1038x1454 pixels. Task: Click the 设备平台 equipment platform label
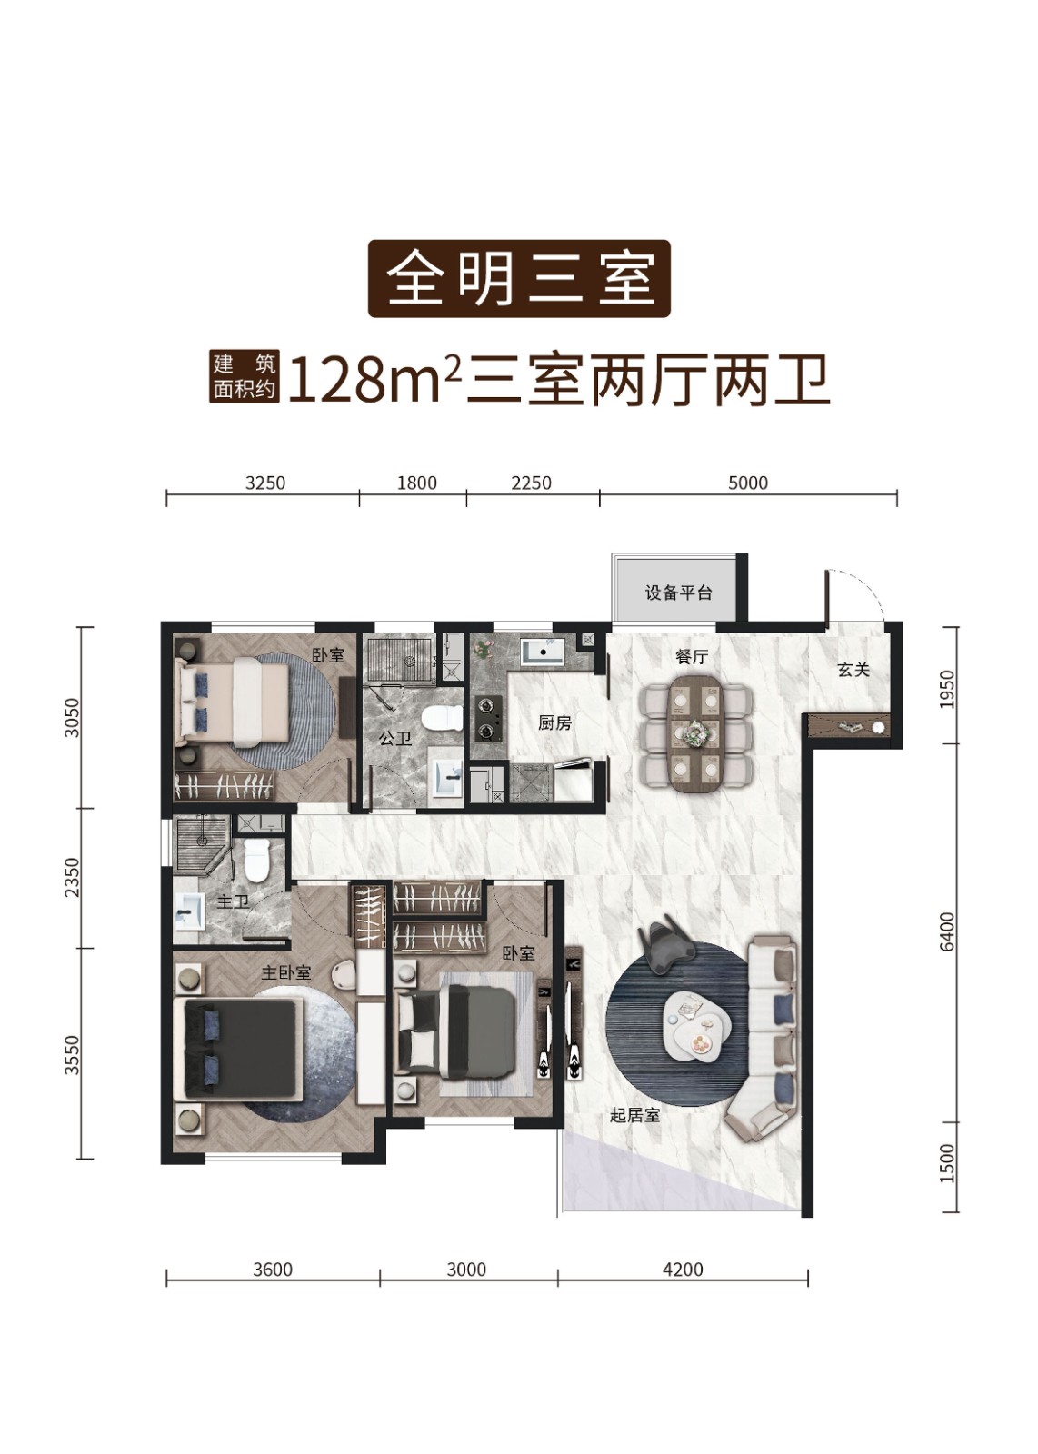point(678,593)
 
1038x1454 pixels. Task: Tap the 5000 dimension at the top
point(748,483)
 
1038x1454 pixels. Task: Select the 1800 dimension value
point(417,483)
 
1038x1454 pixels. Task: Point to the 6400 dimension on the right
point(947,931)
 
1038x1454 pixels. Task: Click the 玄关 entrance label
point(853,669)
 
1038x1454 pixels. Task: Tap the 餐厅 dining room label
point(692,657)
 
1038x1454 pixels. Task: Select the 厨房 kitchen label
point(555,722)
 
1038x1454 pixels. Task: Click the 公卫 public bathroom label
point(395,737)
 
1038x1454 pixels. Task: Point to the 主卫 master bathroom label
point(233,901)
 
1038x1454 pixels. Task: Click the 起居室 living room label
point(634,1115)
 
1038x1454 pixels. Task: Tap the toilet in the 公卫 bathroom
point(441,719)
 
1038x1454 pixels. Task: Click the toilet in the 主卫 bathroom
point(257,860)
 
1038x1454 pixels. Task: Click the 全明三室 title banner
point(519,279)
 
